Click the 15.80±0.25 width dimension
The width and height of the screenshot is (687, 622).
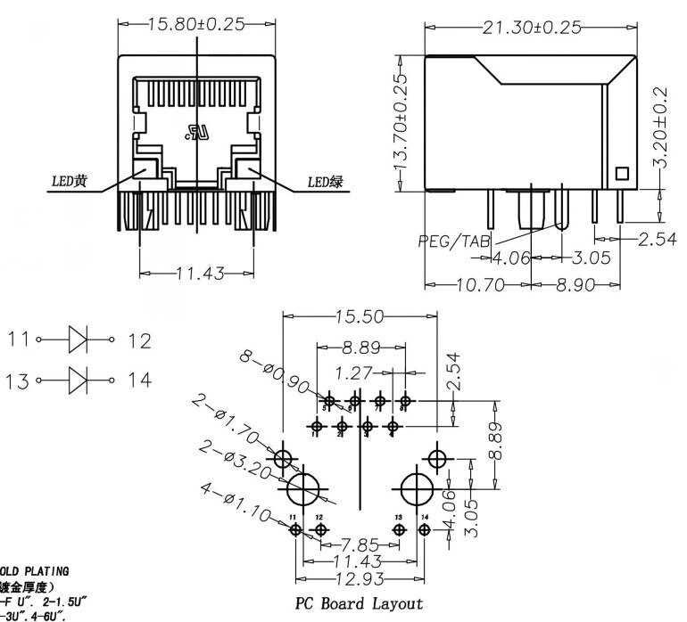(x=195, y=24)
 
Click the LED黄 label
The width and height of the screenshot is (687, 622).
(x=68, y=182)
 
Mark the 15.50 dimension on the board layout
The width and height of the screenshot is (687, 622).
(x=360, y=316)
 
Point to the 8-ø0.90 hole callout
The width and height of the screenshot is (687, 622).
(x=272, y=372)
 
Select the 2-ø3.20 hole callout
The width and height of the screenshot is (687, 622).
(x=235, y=462)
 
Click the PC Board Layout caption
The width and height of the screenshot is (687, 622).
(x=360, y=603)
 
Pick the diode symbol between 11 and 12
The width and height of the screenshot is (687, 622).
(x=79, y=340)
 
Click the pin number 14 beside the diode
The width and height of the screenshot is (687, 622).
(x=139, y=381)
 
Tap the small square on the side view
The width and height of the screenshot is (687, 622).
(x=623, y=174)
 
